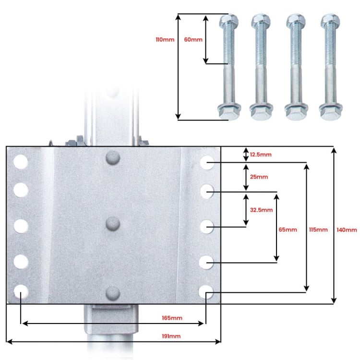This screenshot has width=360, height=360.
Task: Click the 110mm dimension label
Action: pos(165,39)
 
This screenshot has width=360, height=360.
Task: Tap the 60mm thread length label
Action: pos(193,39)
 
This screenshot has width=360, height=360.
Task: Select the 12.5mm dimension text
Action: pos(261,155)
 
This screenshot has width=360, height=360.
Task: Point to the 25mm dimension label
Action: pos(259,177)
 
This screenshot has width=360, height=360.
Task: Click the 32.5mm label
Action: pos(261,210)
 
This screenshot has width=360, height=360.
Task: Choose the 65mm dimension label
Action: pos(288,229)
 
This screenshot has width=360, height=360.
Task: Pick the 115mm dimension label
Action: pos(318,229)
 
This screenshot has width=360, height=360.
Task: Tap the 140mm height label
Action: pos(347,230)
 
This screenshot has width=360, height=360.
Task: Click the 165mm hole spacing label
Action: pos(172,318)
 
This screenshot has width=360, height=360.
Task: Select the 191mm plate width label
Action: pos(171,336)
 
